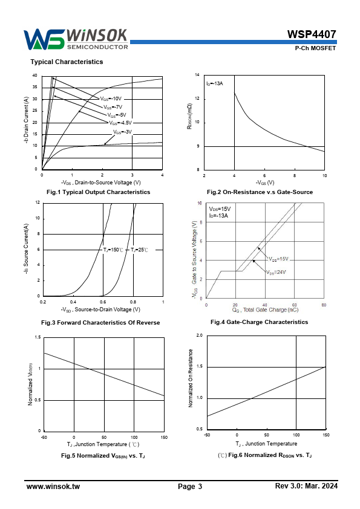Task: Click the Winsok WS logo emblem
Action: [x=44, y=39]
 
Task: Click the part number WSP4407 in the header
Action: [x=311, y=34]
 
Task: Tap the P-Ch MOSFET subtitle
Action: [x=315, y=48]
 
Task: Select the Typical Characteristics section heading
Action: [x=67, y=62]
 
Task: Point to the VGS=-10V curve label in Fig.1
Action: [x=111, y=99]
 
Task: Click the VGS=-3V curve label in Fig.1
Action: [x=122, y=132]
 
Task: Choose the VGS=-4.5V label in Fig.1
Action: [x=120, y=123]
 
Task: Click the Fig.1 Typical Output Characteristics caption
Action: [x=98, y=192]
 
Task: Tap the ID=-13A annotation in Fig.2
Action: [x=214, y=84]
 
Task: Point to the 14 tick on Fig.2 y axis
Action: [x=197, y=75]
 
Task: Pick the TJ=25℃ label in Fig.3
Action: [x=139, y=250]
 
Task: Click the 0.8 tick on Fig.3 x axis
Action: [x=133, y=302]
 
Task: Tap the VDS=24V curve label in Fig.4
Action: [x=276, y=273]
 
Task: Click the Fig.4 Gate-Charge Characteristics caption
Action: [x=260, y=322]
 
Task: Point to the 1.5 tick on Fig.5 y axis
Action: [x=38, y=337]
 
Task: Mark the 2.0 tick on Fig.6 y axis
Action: [x=199, y=336]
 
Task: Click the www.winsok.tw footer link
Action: [x=53, y=486]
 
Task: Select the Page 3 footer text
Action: [x=190, y=486]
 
